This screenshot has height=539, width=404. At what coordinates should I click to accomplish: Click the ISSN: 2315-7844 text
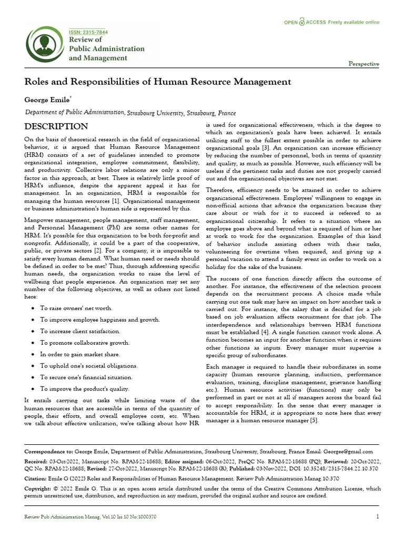(88, 32)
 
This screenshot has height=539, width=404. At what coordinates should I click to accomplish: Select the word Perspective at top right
(363, 64)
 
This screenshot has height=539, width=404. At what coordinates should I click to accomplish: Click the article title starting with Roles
(158, 82)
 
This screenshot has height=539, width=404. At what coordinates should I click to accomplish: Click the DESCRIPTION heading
(56, 126)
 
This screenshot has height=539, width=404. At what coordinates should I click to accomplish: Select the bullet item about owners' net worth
(76, 308)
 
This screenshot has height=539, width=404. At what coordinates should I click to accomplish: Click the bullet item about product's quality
(84, 388)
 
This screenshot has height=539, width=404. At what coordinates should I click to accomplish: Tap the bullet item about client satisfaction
(80, 331)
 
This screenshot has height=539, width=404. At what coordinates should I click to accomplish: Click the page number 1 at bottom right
(378, 517)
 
